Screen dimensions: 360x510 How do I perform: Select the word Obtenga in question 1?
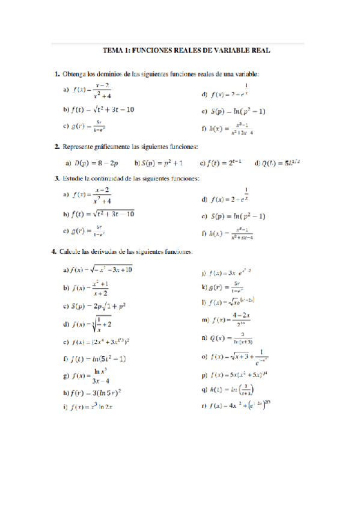click(x=76, y=75)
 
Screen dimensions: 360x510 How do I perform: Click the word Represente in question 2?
click(x=82, y=147)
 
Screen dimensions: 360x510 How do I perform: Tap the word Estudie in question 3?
click(x=75, y=179)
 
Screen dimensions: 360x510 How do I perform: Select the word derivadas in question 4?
click(x=117, y=251)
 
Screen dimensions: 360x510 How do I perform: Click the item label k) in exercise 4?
click(x=205, y=287)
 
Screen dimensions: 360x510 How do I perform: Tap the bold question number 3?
click(x=56, y=179)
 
